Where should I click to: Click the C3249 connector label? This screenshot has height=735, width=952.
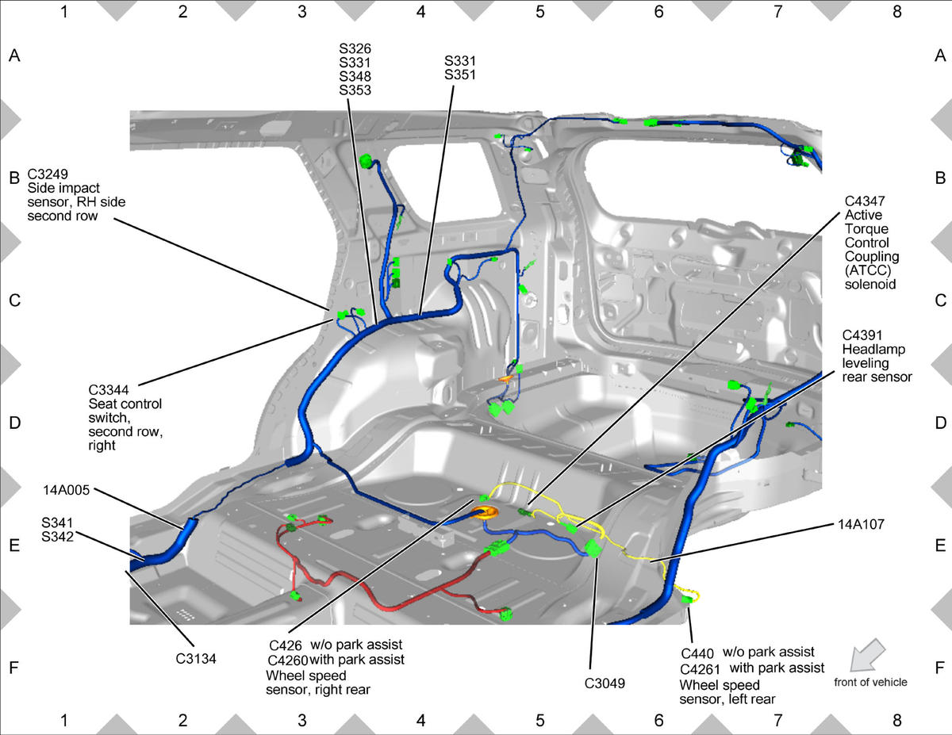pyautogui.click(x=48, y=174)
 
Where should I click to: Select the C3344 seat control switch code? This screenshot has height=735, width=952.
pyautogui.click(x=109, y=389)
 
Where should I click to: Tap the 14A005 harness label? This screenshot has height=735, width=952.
pyautogui.click(x=66, y=490)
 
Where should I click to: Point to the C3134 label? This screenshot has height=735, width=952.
pyautogui.click(x=196, y=658)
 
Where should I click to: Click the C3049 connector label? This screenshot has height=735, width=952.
pyautogui.click(x=605, y=683)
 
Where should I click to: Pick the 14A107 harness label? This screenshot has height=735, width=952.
pyautogui.click(x=861, y=524)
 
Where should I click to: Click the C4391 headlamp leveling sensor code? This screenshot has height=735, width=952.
pyautogui.click(x=862, y=335)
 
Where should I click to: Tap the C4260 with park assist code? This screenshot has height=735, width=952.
pyautogui.click(x=288, y=660)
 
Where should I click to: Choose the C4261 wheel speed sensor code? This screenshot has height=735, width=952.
pyautogui.click(x=700, y=669)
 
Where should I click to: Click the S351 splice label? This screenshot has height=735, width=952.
pyautogui.click(x=460, y=75)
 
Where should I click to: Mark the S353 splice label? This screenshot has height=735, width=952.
pyautogui.click(x=355, y=90)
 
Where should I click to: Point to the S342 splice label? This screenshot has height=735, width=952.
pyautogui.click(x=57, y=537)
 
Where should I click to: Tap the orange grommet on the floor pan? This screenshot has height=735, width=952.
pyautogui.click(x=484, y=513)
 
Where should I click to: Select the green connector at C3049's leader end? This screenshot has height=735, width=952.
pyautogui.click(x=593, y=549)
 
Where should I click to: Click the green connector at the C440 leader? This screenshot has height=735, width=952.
pyautogui.click(x=686, y=599)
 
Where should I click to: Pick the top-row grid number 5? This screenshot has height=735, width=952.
pyautogui.click(x=539, y=12)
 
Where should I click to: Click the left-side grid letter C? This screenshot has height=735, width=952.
pyautogui.click(x=14, y=301)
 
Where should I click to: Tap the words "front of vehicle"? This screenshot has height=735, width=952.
pyautogui.click(x=870, y=682)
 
